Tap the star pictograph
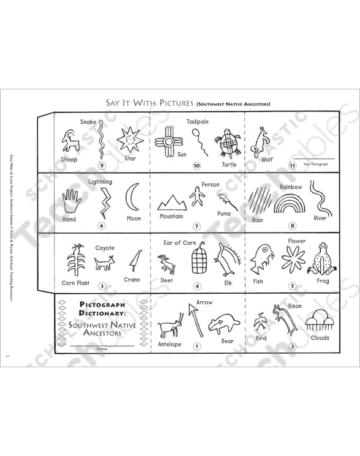coord(130,141)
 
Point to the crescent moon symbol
coord(132,197)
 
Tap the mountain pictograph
coord(171,201)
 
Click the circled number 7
coord(197,226)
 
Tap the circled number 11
coord(293,165)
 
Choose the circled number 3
coord(102,286)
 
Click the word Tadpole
coord(198,122)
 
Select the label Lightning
coord(100,182)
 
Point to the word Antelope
coord(170,344)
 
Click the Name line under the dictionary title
coord(101,346)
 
